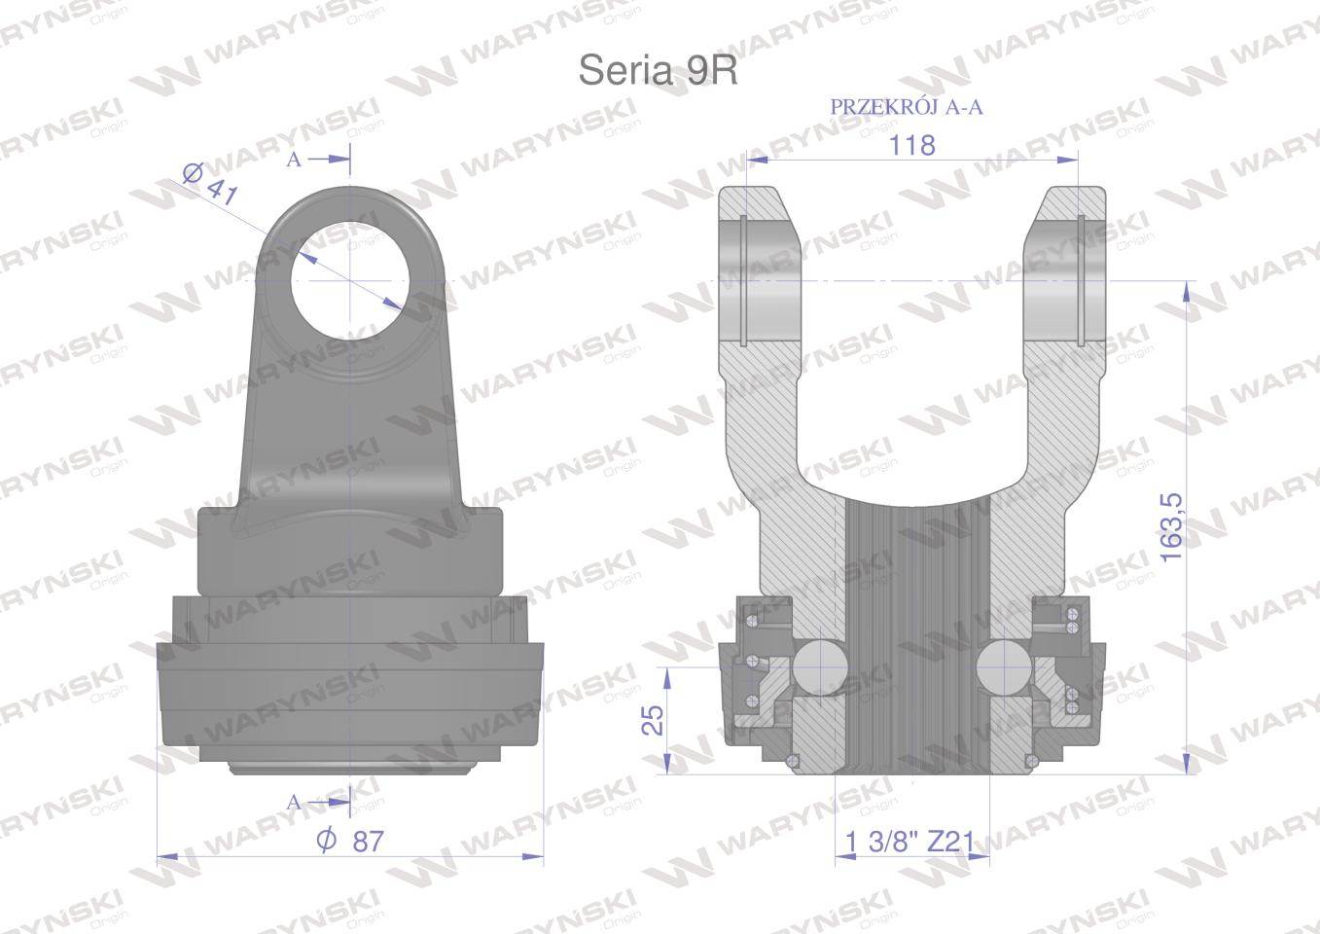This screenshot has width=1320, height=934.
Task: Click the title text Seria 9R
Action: [659, 70]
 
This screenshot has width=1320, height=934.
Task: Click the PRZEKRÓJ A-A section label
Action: [906, 107]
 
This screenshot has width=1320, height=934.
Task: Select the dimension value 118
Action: [911, 144]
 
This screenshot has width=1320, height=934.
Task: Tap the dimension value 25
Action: [653, 719]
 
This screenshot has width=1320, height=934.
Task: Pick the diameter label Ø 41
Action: [210, 184]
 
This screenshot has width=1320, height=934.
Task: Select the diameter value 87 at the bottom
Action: [352, 842]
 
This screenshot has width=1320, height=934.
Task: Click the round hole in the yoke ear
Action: [349, 280]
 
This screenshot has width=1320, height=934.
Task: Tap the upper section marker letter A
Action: [294, 161]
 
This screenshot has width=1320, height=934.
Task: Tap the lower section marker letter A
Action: [295, 802]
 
